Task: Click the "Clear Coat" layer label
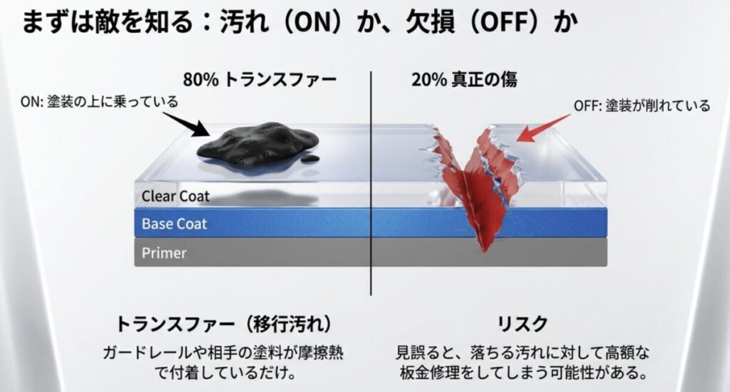tap(175, 195)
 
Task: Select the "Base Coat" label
tap(174, 224)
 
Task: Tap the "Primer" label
tap(164, 252)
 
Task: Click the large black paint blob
tap(253, 143)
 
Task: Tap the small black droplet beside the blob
tap(309, 158)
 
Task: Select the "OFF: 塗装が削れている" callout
tap(642, 106)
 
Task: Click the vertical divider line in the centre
tap(371, 185)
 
